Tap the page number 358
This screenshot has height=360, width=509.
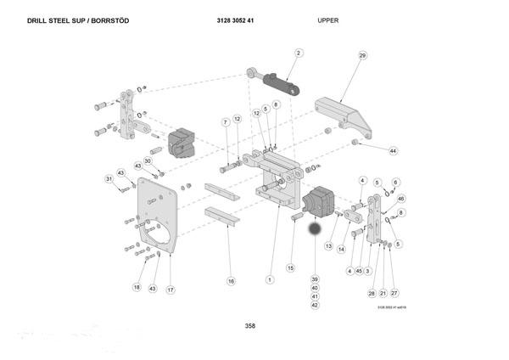point(249,325)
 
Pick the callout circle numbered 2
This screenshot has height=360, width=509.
point(299,53)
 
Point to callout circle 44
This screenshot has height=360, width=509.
point(393,150)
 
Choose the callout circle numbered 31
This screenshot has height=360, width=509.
point(109,178)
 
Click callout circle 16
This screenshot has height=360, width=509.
point(230,280)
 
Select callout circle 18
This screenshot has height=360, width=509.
point(136,288)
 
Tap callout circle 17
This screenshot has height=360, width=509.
point(170,290)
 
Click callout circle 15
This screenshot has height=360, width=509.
point(290,268)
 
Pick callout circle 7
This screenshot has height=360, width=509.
point(226,122)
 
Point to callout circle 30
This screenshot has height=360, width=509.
point(147,160)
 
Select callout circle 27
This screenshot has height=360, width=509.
point(394,293)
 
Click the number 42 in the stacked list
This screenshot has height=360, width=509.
point(315,305)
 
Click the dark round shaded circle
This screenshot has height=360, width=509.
point(316,229)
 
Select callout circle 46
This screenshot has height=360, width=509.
point(401,198)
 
